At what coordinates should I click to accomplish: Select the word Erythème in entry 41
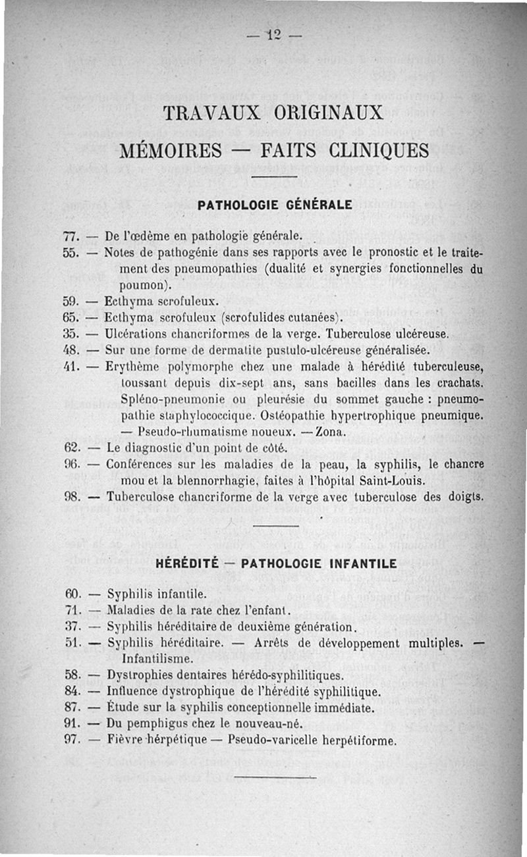(x=130, y=365)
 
